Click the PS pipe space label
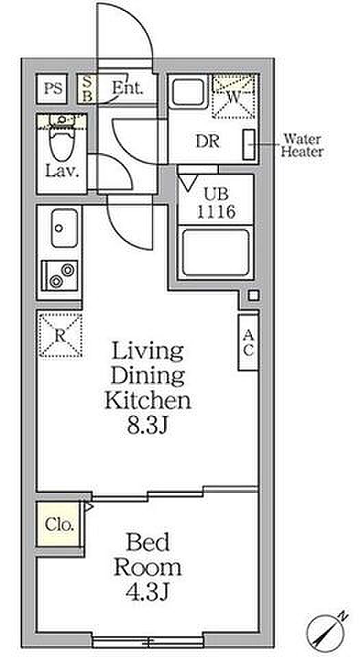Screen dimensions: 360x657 coord(53,88)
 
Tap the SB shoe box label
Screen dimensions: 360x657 coord(87,88)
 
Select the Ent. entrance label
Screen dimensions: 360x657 coord(128,88)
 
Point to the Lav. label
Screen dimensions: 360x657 coord(62,171)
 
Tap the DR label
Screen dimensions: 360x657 coord(208,142)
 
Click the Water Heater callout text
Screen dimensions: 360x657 coord(302,144)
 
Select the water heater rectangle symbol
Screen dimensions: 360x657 coord(248,144)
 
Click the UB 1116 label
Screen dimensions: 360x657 coord(216,203)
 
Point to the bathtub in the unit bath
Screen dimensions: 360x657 coord(216,253)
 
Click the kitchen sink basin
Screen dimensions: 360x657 coord(64,228)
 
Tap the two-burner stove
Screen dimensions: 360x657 coord(60,275)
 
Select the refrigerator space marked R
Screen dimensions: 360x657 coord(60,335)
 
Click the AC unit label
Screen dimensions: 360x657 coord(248,342)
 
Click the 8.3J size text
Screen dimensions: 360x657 coord(148,426)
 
